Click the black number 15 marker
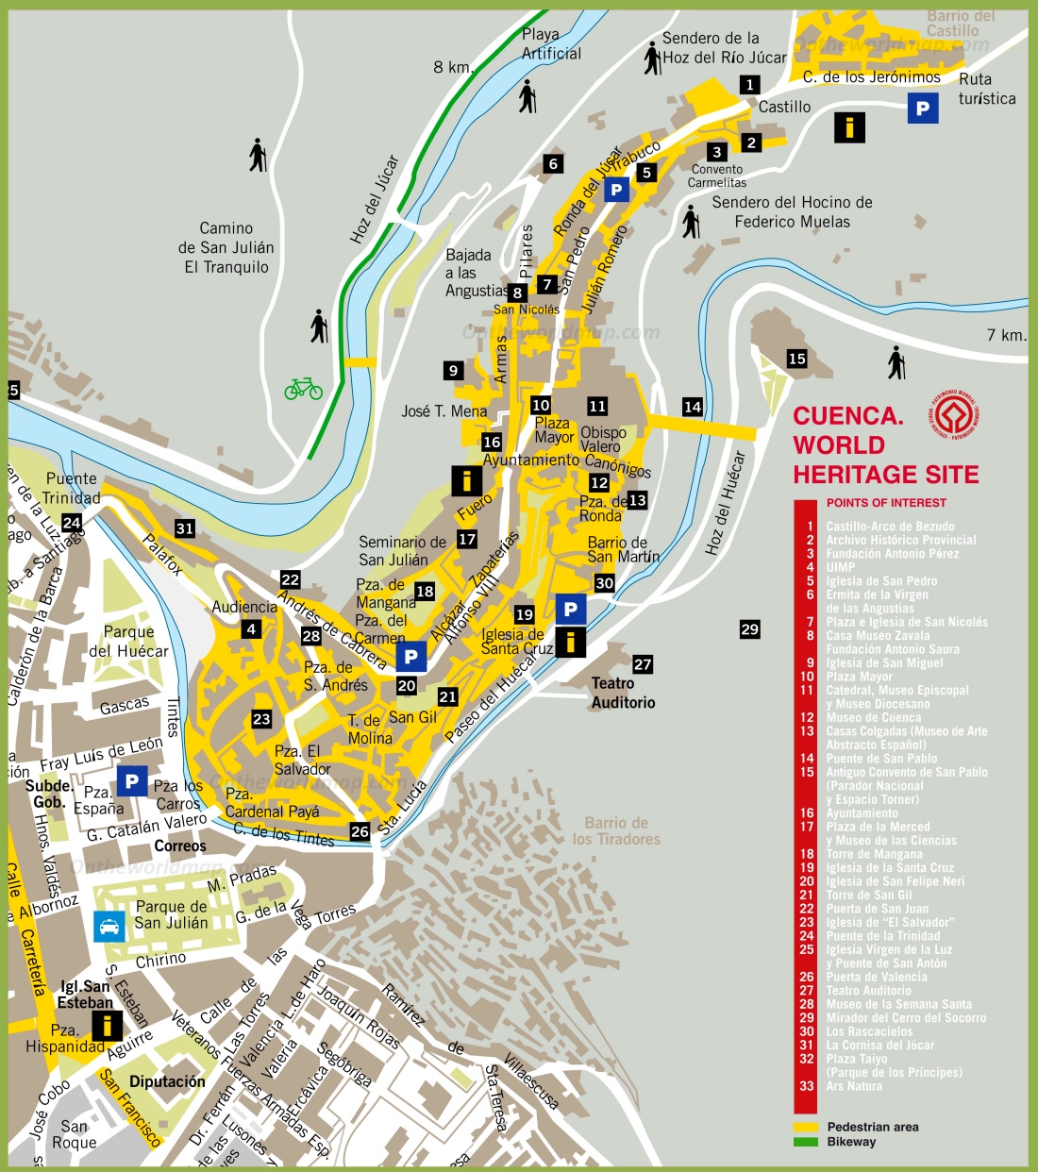[796, 359]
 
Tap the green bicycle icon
[303, 388]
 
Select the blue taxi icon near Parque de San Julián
[109, 926]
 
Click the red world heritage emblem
[955, 414]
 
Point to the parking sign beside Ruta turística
[923, 109]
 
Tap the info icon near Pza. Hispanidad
[107, 1026]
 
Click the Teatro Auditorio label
[623, 693]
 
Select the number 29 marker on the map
[749, 629]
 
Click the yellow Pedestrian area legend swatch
[806, 1127]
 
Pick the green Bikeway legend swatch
[806, 1142]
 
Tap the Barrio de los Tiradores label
[615, 830]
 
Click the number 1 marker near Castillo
[749, 85]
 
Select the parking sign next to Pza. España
[132, 781]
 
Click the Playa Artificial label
[551, 44]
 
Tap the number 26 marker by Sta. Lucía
[360, 831]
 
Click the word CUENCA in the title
[847, 416]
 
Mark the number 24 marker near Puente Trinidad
[72, 523]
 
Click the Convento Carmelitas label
[716, 176]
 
